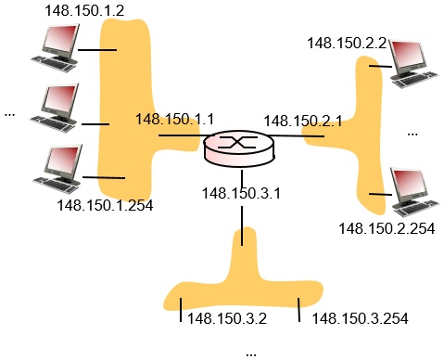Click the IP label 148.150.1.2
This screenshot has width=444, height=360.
click(85, 10)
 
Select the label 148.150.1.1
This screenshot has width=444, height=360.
click(174, 119)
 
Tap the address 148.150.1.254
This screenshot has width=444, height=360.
click(105, 205)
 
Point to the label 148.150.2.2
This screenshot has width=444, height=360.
click(347, 43)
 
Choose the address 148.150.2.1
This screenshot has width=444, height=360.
click(303, 121)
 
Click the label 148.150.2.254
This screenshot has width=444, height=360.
click(387, 228)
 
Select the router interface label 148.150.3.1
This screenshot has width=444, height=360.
click(239, 193)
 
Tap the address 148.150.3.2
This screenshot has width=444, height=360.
click(227, 318)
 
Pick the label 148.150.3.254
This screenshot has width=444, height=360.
click(361, 318)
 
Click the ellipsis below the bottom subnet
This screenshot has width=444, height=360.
click(251, 353)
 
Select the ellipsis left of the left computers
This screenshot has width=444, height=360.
click(10, 114)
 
